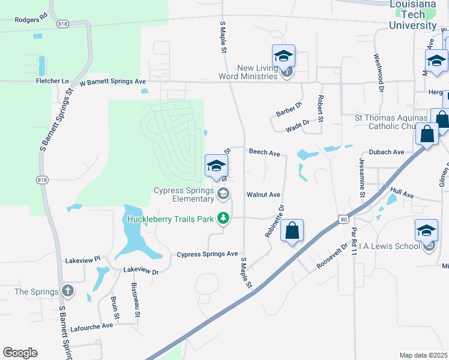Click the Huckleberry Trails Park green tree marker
tap(223, 218)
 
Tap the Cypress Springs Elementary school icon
tap(223, 193)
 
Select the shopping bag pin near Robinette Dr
tap(292, 230)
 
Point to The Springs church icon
tap(67, 291)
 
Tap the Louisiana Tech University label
tap(412, 15)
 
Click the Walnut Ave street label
tap(264, 195)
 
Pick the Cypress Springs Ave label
tap(207, 254)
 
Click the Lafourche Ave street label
tap(91, 325)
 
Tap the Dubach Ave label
tap(387, 152)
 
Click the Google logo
tap(20, 352)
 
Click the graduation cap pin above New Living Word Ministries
tap(284, 56)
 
